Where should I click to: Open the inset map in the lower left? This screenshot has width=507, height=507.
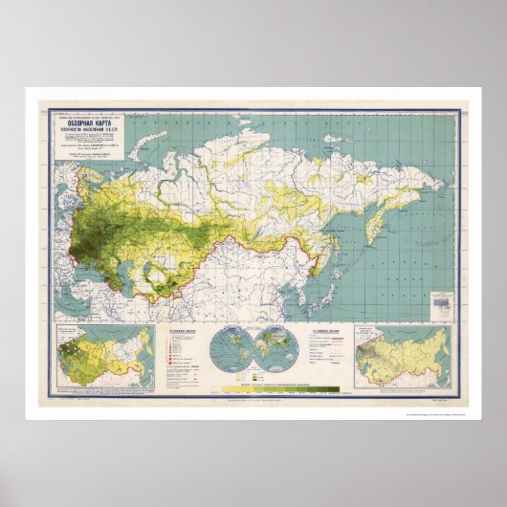[x=106, y=355]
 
